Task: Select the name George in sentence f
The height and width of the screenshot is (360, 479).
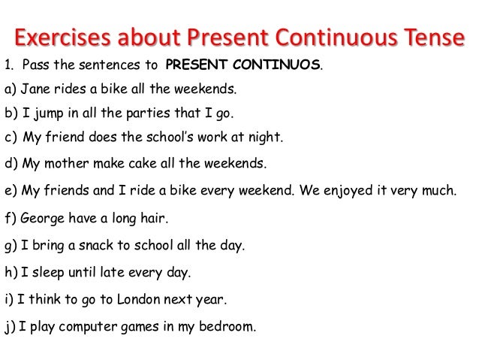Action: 42,219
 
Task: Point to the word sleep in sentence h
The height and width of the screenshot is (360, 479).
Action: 46,271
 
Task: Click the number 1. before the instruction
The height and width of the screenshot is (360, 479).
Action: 10,65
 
